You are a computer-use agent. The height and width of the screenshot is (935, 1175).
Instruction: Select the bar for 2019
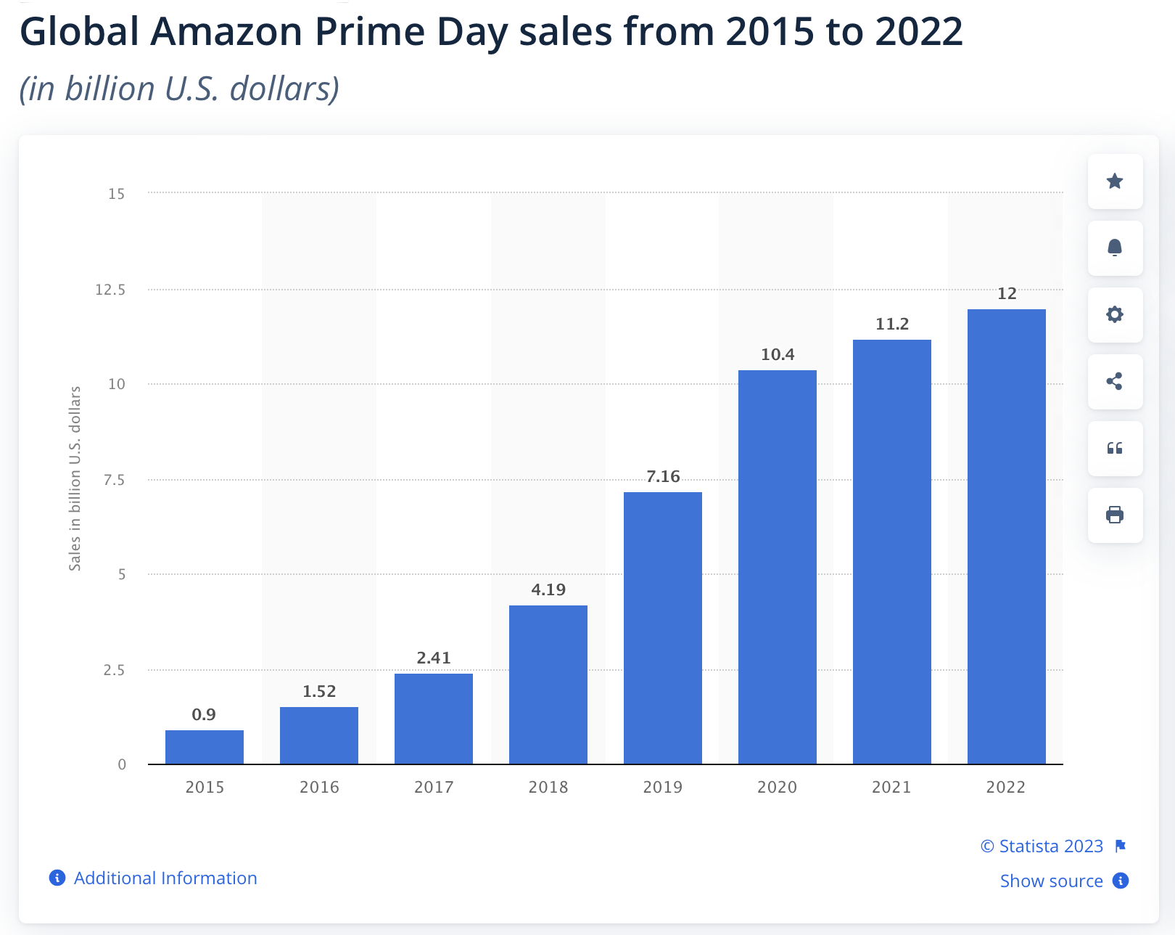pos(662,628)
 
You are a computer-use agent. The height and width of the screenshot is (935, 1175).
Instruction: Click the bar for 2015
pos(205,747)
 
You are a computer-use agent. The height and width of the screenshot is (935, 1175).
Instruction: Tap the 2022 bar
pos(1006,536)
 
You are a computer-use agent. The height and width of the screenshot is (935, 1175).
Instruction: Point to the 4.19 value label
pos(548,589)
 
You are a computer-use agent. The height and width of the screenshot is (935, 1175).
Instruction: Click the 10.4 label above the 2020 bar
pos(778,354)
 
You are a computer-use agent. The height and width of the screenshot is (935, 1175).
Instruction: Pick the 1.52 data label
pos(319,691)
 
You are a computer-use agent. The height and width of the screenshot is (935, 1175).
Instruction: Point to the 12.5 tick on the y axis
pos(110,290)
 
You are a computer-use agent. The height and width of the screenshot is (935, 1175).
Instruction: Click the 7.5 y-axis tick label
pos(114,480)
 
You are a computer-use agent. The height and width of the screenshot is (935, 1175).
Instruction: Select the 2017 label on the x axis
pos(434,787)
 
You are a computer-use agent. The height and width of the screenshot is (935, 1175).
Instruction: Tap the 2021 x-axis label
pos(891,787)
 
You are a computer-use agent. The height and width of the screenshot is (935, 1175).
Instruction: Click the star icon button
pos(1115,181)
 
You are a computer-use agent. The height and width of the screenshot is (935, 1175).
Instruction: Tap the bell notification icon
pos(1115,248)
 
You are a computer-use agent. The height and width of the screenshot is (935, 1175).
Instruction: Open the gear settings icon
pos(1115,315)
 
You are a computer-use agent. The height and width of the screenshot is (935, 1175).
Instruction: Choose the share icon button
pos(1115,382)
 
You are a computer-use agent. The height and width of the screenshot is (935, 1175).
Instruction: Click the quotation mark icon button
pos(1115,449)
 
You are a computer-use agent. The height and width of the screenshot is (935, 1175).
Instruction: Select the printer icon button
pos(1115,515)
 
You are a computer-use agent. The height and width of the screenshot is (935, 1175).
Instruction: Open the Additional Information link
pos(165,878)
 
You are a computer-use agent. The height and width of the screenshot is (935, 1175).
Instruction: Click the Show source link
pos(1051,881)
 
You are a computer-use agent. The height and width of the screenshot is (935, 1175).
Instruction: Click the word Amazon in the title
pos(226,32)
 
